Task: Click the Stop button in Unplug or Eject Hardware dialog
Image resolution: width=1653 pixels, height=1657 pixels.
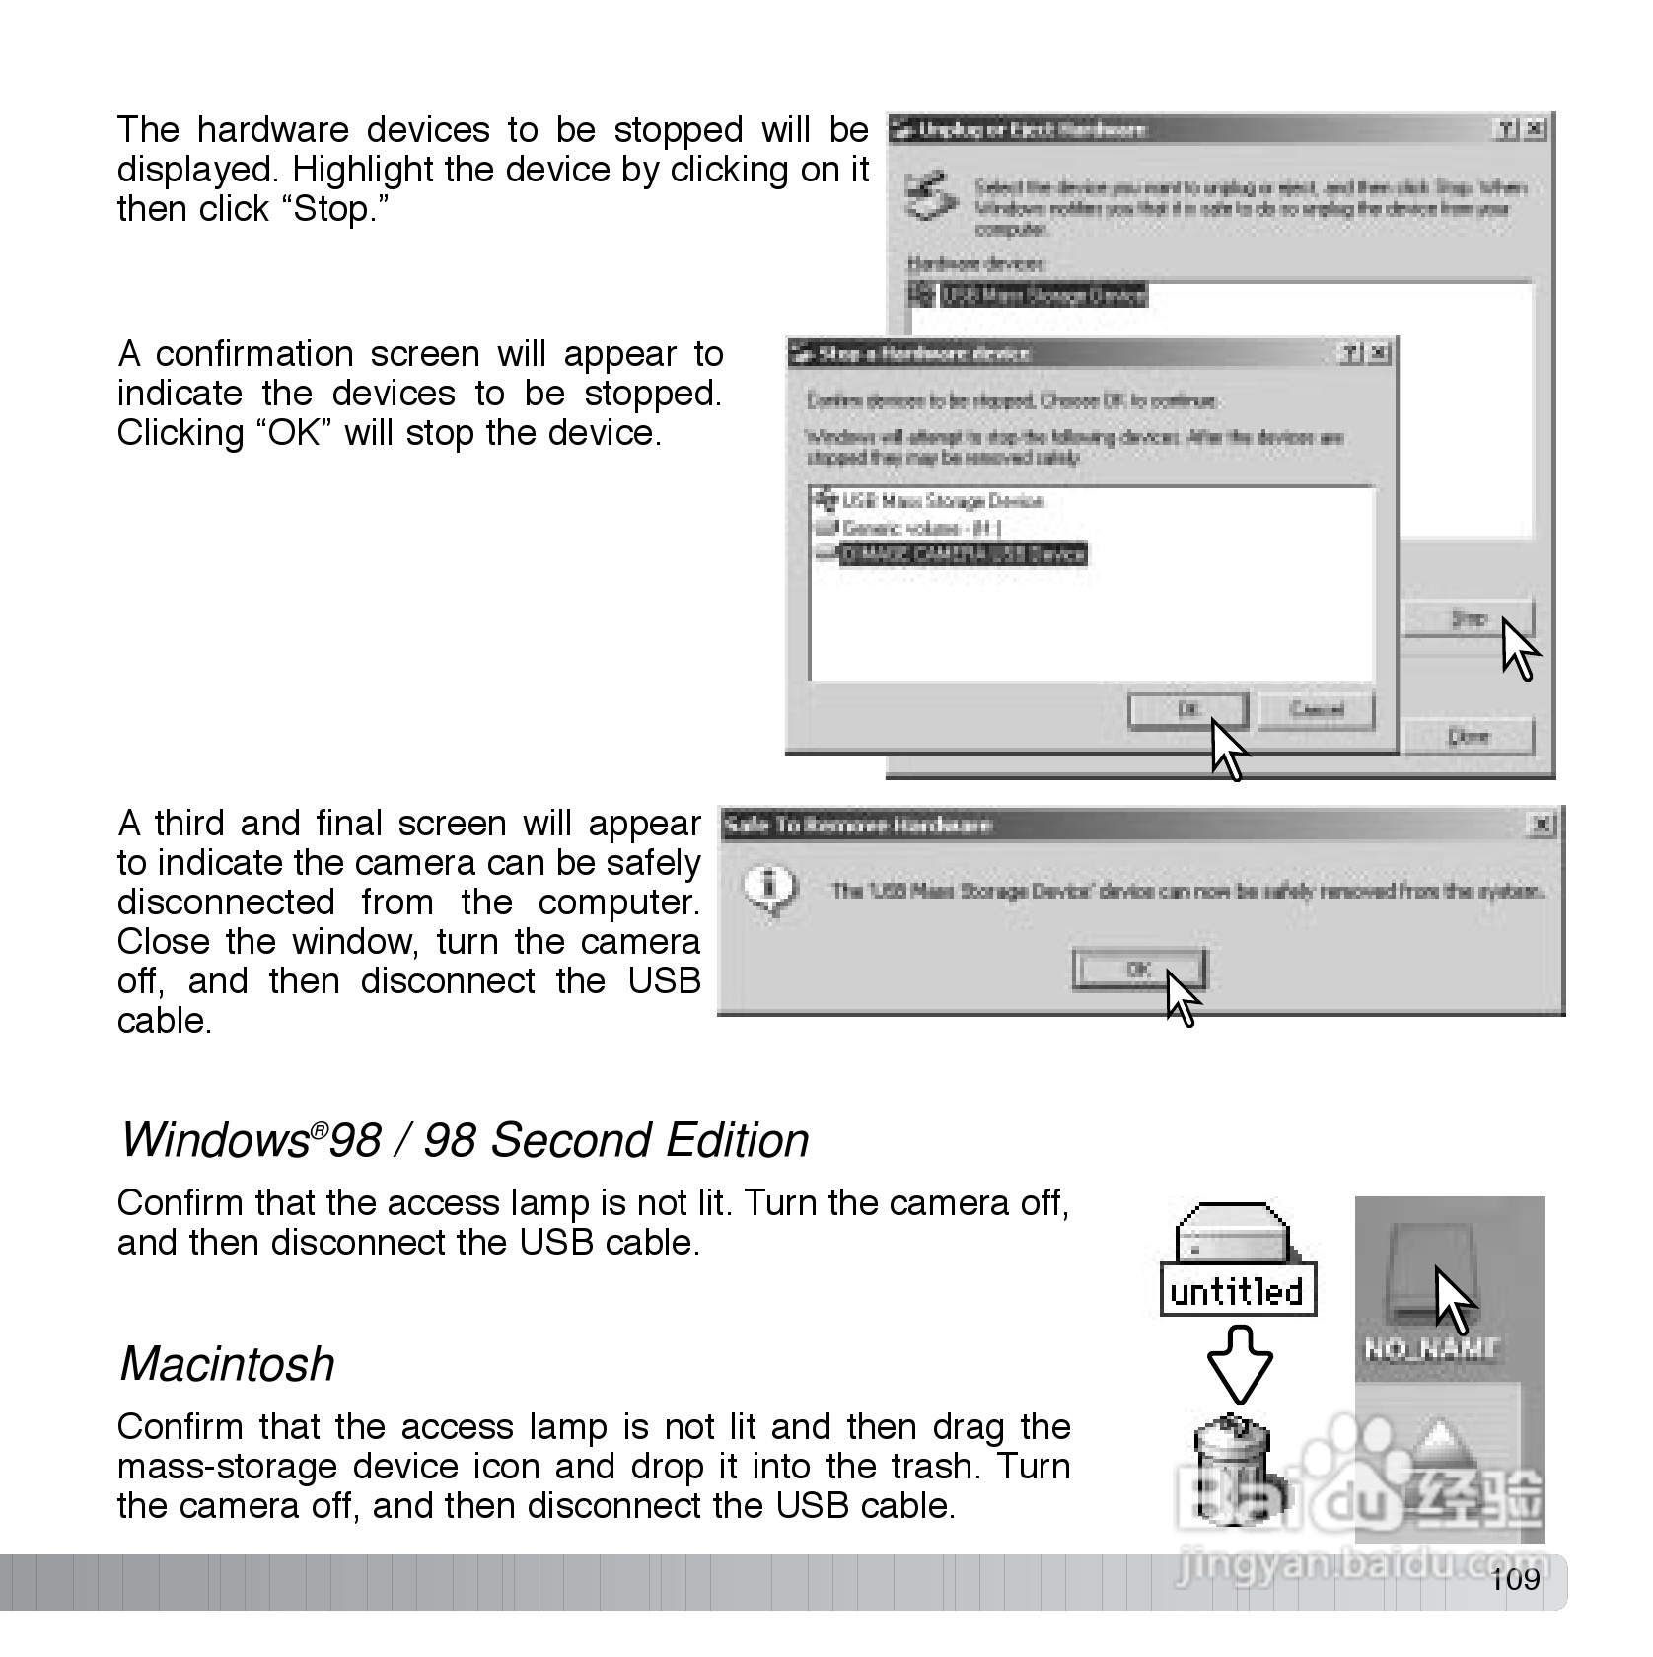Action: (1468, 619)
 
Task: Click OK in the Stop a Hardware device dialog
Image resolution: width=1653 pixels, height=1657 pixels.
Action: (1186, 710)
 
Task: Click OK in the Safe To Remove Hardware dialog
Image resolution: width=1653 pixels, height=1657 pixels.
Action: (1138, 970)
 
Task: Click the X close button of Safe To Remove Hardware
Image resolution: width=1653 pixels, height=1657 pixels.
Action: (1540, 824)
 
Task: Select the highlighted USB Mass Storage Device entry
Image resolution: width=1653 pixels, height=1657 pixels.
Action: (1042, 295)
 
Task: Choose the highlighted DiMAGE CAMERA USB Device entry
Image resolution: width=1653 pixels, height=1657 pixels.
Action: (962, 554)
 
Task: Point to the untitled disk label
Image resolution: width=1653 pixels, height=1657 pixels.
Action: (1238, 1292)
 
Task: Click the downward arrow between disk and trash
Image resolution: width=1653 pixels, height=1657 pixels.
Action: (1240, 1365)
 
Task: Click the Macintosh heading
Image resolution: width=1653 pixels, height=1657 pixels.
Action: (227, 1364)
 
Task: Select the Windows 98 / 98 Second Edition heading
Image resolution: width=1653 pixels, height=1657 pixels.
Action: (464, 1140)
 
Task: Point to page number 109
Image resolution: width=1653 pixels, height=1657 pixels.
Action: (1515, 1580)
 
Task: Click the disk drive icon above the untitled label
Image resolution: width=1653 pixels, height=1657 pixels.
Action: (1233, 1232)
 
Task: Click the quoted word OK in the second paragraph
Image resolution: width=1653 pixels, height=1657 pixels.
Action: (295, 433)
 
